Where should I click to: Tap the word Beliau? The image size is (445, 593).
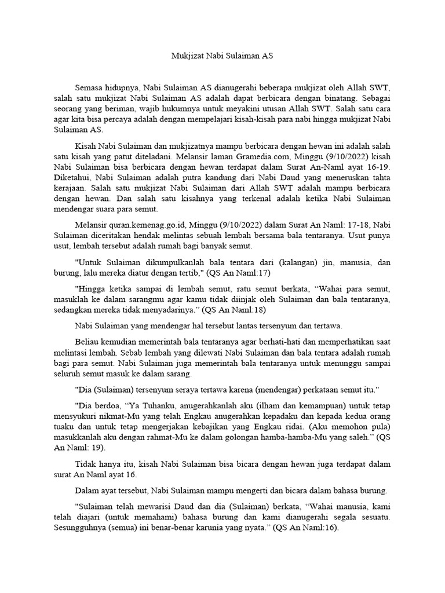point(87,342)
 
